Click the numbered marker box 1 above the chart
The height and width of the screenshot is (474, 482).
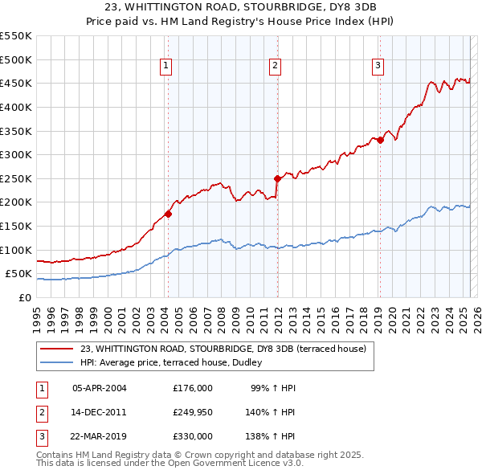click(x=165, y=66)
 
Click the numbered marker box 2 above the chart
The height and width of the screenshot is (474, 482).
click(x=275, y=66)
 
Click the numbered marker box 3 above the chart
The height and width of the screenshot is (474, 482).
click(x=378, y=66)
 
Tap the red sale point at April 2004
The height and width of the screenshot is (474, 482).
click(x=168, y=214)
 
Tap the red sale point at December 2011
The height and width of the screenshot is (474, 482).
click(x=277, y=178)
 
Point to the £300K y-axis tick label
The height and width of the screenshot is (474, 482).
click(x=15, y=154)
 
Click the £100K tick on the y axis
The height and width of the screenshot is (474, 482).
click(x=15, y=250)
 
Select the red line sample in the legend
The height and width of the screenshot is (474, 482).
click(x=56, y=349)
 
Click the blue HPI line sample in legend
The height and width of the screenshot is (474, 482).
click(x=56, y=362)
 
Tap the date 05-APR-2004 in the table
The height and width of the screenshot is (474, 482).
click(x=99, y=388)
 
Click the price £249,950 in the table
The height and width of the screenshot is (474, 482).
click(x=193, y=412)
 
